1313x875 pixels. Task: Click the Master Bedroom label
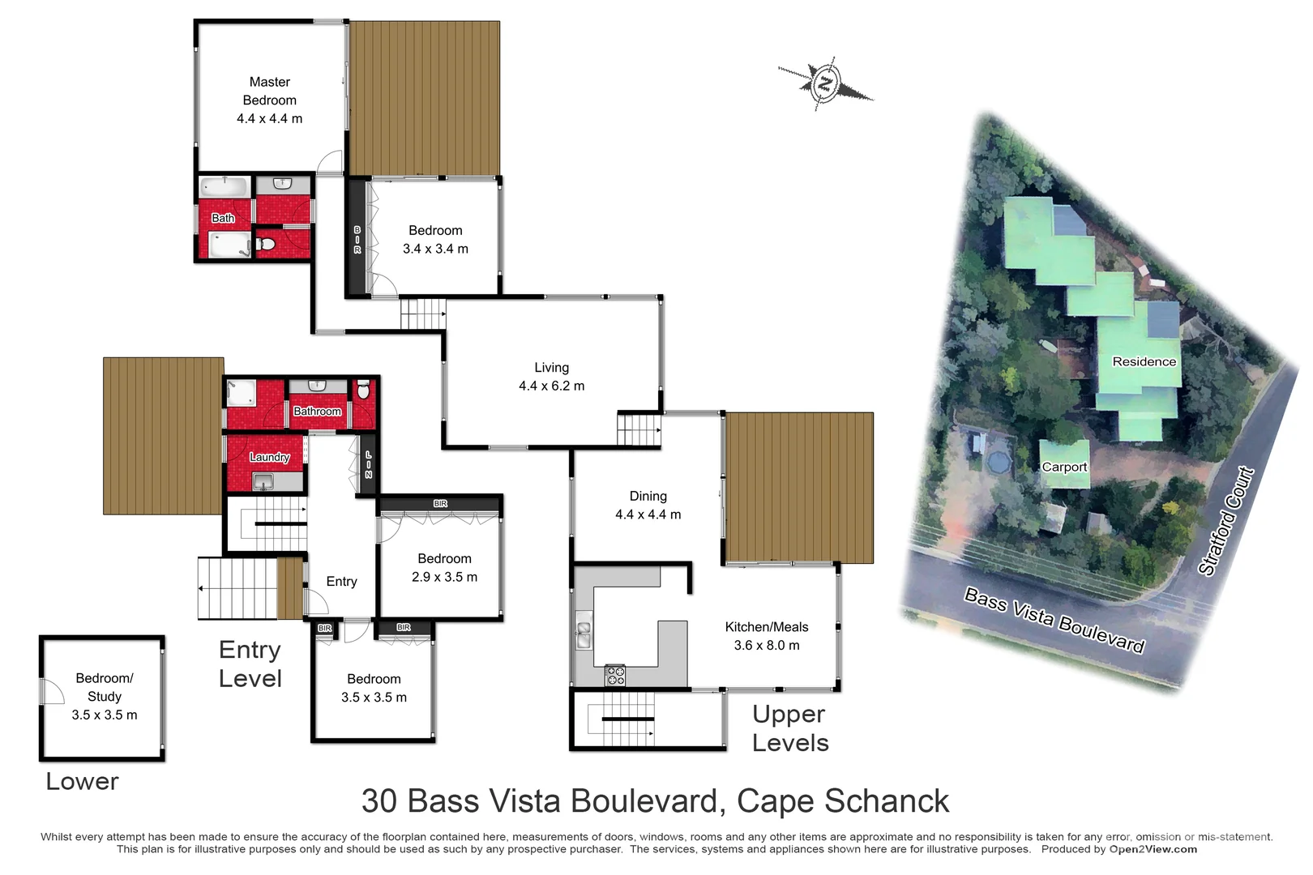(x=269, y=100)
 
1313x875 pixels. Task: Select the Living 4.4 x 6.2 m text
(x=551, y=377)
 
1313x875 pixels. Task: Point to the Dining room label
(x=648, y=505)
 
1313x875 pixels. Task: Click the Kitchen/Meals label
(x=766, y=635)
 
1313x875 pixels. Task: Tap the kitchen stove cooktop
(x=615, y=675)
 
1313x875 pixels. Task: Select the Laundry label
(x=269, y=457)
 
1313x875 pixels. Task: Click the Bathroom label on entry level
(x=317, y=411)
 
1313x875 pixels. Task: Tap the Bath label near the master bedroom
(x=223, y=218)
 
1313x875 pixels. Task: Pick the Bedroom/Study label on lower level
(x=105, y=696)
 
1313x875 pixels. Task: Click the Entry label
(x=341, y=581)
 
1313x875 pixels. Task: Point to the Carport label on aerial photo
(x=1064, y=467)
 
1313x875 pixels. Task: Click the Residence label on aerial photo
(x=1144, y=361)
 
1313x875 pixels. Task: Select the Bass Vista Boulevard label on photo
(x=1054, y=621)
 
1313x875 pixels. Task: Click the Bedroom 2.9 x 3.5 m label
(x=444, y=567)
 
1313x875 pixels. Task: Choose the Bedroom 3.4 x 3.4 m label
(x=435, y=239)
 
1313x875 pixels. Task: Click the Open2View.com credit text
(x=1153, y=849)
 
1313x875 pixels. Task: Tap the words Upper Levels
(x=789, y=728)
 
